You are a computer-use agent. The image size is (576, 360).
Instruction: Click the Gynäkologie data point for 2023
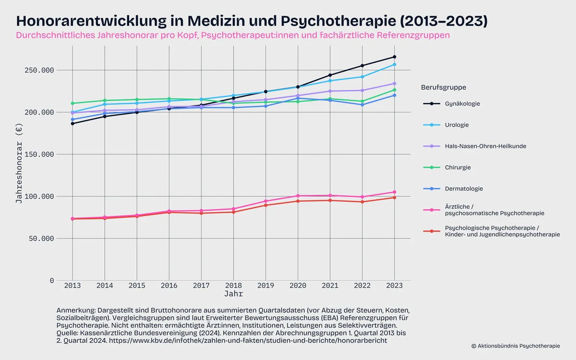tap(394, 57)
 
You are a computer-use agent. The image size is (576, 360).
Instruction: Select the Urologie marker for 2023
tap(394, 64)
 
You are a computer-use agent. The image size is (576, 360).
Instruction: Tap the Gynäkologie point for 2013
tap(72, 123)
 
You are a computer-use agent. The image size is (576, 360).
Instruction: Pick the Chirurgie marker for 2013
tap(72, 103)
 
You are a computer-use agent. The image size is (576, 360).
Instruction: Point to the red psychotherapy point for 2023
tap(394, 198)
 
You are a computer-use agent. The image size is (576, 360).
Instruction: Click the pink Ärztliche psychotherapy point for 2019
tap(265, 201)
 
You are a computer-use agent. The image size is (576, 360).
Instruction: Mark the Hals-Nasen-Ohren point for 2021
tap(330, 91)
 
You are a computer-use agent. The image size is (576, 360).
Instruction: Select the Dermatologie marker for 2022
tap(362, 105)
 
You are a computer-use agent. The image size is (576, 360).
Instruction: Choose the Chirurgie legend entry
tap(457, 168)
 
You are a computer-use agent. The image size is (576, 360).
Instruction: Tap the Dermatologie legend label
tap(464, 189)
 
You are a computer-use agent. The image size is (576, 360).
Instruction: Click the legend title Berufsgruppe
tap(444, 87)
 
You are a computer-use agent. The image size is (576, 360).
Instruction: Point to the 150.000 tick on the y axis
tap(39, 154)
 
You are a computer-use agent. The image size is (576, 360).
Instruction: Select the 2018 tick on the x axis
tap(233, 285)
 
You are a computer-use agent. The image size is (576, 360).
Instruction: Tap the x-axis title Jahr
tap(233, 293)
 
